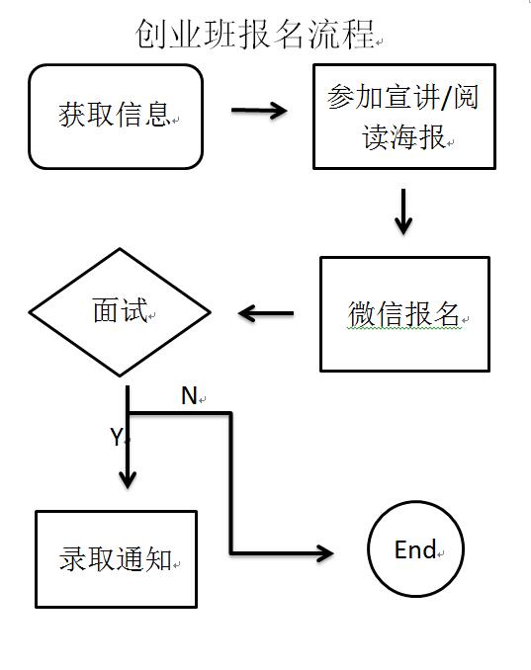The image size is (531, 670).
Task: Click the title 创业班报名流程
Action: click(255, 34)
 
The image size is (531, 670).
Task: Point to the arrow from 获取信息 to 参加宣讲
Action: click(259, 111)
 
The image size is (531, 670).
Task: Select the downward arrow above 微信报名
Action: click(403, 211)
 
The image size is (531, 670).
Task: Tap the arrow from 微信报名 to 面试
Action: click(266, 313)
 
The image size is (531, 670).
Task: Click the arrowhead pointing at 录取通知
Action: click(128, 479)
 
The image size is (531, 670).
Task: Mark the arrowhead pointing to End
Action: click(325, 553)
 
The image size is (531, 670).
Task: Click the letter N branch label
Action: click(189, 395)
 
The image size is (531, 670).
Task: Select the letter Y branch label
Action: click(117, 437)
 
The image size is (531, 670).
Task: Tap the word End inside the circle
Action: click(415, 549)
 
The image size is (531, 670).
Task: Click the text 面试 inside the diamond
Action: click(120, 309)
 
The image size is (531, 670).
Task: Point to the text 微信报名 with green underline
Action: click(403, 314)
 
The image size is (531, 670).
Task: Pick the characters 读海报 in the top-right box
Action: click(404, 137)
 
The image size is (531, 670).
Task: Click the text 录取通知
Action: click(115, 559)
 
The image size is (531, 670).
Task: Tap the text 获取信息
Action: click(115, 115)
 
